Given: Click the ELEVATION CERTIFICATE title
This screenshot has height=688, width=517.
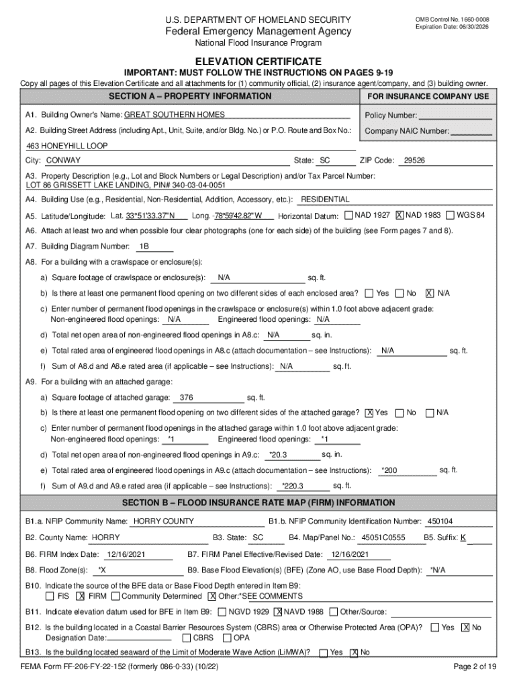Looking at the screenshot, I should (258, 61).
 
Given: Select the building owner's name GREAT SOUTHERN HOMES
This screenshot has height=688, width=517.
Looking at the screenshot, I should (175, 115).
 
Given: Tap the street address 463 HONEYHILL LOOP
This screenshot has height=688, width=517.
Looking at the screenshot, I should (67, 146).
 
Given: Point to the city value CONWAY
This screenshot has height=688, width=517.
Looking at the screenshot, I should (63, 161).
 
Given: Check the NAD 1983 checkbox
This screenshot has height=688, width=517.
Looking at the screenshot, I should (399, 215).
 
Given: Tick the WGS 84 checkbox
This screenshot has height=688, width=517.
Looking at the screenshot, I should (450, 215).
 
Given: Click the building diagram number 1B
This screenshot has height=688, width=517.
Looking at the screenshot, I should (144, 247).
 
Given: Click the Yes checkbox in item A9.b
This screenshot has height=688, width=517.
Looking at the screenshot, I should (369, 413).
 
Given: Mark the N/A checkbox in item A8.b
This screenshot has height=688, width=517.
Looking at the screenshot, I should (430, 294).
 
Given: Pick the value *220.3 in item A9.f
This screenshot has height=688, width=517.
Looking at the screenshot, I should (292, 486).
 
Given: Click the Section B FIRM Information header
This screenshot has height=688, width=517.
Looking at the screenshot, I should (258, 503).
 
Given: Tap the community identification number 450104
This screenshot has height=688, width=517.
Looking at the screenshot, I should (440, 521).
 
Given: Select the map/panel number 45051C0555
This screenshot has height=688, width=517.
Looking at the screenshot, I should (383, 537).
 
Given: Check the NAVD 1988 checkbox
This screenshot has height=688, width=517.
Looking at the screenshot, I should (278, 612).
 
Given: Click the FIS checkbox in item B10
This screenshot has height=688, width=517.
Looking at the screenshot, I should (50, 596).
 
